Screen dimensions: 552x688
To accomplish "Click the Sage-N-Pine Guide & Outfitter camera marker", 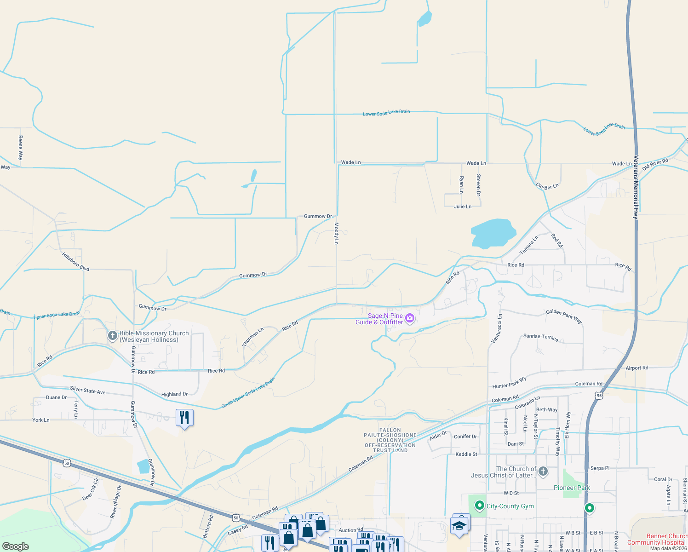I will coord(410,318).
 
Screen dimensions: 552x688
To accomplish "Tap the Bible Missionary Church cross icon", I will coord(112,336).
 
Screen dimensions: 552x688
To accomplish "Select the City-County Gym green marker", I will coord(480,506).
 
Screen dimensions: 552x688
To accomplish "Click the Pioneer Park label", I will coord(572,488).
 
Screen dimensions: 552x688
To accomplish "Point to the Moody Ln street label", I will coord(336,233).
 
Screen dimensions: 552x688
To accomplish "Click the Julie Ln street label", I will coord(463,207).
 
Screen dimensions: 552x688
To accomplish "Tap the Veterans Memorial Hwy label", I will coord(636,186).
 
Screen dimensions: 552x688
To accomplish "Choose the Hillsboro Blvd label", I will coord(75,261).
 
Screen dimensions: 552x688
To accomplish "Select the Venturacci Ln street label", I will coord(497,328).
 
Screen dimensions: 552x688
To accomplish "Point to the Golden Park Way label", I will coord(564,316).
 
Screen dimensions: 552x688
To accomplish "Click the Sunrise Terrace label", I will coord(541,337).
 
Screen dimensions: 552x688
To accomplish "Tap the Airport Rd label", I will coord(637,368).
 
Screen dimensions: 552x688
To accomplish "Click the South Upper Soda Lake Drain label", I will coord(248,392).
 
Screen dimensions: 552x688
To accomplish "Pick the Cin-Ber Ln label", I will coord(547,186).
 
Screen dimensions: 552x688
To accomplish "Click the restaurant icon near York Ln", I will coord(184,417).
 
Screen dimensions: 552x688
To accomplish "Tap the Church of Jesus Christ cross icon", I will coord(543,471).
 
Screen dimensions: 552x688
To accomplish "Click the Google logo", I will coord(16,546).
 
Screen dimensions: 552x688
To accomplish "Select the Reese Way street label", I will coord(20,148).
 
